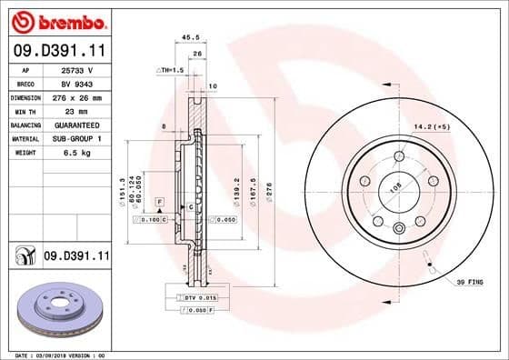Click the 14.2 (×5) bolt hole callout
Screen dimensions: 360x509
(x=433, y=126)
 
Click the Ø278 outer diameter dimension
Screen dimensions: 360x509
(x=268, y=192)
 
